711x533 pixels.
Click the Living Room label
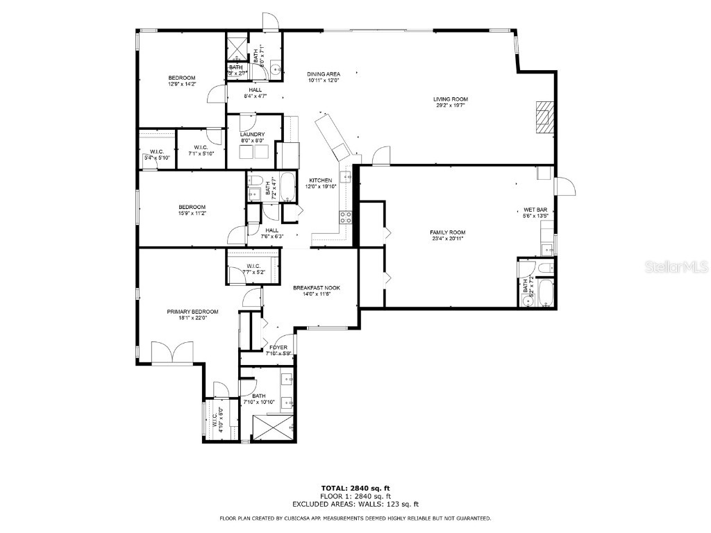450,99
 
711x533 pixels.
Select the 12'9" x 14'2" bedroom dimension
182,85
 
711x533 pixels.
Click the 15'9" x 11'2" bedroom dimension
192,213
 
